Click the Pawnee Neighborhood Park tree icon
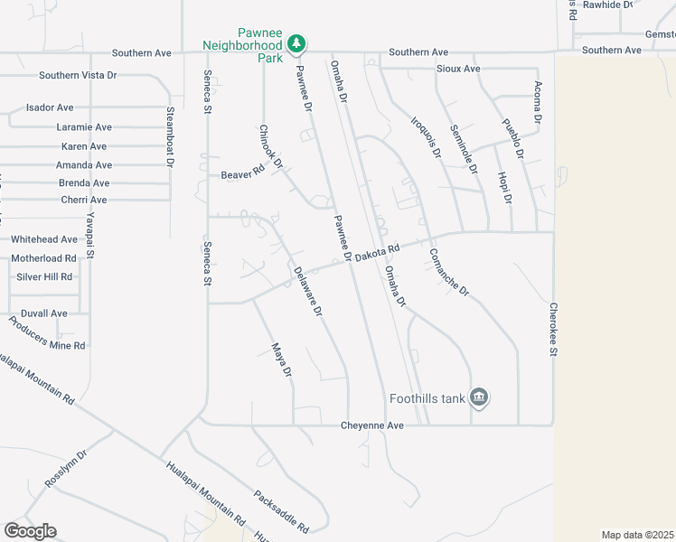(x=296, y=42)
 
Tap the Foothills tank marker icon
(x=479, y=397)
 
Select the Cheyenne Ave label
(x=372, y=425)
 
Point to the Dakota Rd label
(x=376, y=256)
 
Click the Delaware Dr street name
(x=307, y=290)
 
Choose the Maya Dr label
(x=282, y=360)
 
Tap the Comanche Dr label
(x=449, y=272)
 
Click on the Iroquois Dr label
(x=425, y=137)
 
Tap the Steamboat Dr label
(x=169, y=136)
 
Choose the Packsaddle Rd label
(x=281, y=511)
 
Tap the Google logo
(x=30, y=531)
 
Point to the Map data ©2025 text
(x=638, y=535)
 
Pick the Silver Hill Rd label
(x=44, y=276)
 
